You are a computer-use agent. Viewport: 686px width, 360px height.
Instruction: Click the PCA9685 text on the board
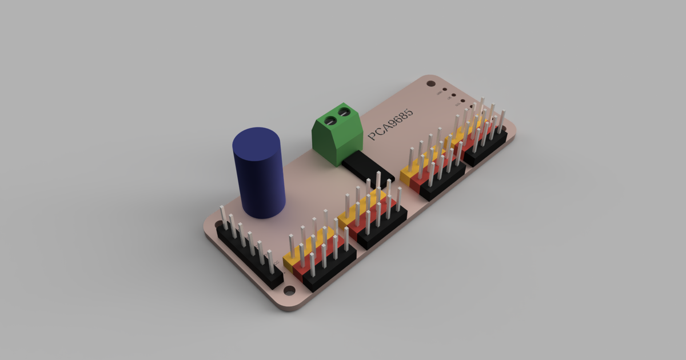(391, 123)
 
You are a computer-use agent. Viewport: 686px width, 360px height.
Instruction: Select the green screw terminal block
(337, 134)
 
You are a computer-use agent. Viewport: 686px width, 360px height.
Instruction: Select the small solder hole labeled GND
(444, 90)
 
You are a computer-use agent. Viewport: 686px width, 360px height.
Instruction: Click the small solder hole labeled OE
(453, 96)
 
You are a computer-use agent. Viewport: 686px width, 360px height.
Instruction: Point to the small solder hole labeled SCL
(462, 102)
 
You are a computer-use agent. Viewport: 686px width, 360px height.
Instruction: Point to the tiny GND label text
(439, 93)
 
